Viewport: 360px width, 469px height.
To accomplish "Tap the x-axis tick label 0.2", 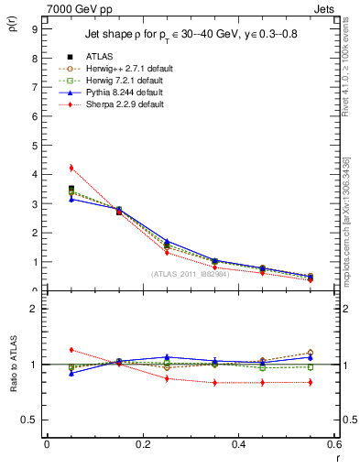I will [142, 445].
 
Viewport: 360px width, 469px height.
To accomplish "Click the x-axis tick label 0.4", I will [238, 445].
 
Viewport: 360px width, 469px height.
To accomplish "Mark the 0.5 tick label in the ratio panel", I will [29, 420].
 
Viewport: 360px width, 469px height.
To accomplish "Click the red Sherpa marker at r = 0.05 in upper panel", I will [71, 168].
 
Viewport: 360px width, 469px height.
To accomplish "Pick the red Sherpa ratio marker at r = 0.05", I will [71, 350].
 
